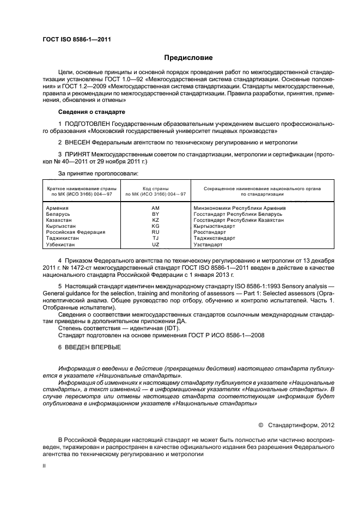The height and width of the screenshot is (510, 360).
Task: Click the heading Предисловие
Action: click(x=188, y=58)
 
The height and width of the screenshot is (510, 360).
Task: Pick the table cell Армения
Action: click(x=57, y=208)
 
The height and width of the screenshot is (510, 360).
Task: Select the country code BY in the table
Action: click(x=155, y=214)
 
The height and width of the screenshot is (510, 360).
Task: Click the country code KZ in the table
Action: click(x=155, y=220)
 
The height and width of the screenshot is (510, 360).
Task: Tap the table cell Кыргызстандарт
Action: click(x=216, y=226)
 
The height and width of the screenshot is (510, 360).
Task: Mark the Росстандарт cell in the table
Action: click(x=211, y=232)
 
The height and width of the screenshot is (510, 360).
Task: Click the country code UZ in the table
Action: click(x=155, y=245)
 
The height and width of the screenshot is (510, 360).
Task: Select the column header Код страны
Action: click(x=155, y=188)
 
